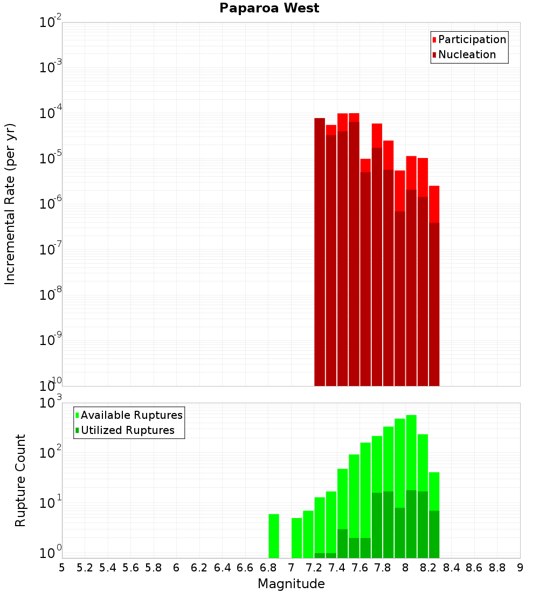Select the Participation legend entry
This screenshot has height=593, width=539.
(472, 39)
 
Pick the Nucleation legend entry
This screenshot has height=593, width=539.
(467, 54)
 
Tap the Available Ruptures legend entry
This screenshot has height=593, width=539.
(132, 415)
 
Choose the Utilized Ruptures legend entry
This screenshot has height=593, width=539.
(127, 430)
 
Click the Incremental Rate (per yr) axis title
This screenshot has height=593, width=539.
(10, 204)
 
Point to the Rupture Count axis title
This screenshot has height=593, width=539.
(20, 480)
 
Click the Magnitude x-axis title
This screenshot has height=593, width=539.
(291, 584)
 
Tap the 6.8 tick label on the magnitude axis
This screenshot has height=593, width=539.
(268, 568)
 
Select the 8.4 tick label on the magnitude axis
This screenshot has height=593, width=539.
(451, 568)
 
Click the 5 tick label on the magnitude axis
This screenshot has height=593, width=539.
(62, 568)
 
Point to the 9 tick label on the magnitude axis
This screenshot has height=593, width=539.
(520, 568)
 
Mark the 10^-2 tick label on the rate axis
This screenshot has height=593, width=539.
(51, 23)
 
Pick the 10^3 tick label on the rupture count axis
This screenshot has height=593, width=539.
(51, 403)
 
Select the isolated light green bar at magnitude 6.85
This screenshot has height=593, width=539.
(274, 536)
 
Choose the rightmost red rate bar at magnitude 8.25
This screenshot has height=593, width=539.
(434, 286)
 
